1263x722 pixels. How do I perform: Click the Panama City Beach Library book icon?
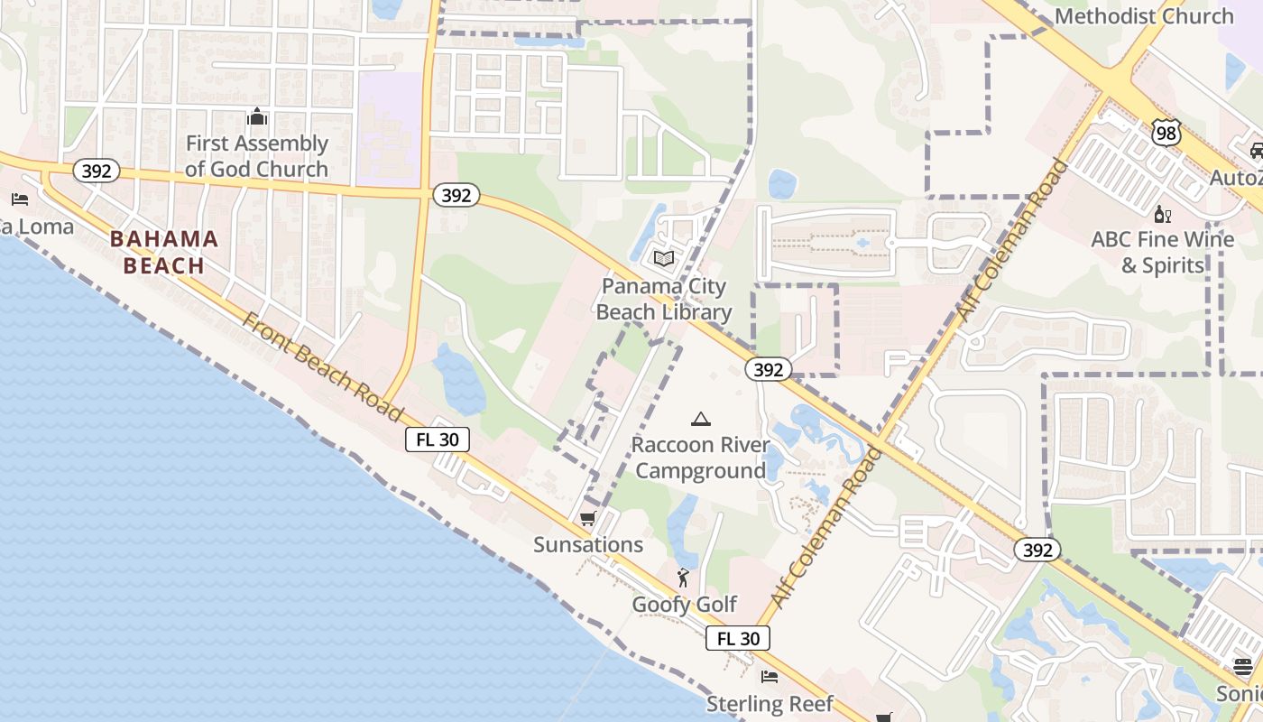click(x=664, y=259)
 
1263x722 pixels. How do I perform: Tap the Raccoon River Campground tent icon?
click(x=700, y=419)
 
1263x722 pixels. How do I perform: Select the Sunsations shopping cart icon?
click(x=588, y=518)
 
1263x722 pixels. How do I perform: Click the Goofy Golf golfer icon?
click(x=684, y=578)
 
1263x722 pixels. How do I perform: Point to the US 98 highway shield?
click(x=1166, y=133)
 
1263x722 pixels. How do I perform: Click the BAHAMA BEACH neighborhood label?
click(x=164, y=252)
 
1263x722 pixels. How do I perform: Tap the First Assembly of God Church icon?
click(x=257, y=117)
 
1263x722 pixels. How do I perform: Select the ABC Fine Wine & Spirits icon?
click(x=1163, y=214)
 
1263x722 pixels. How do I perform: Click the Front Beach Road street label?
click(x=323, y=368)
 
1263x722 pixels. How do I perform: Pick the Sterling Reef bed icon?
click(x=770, y=676)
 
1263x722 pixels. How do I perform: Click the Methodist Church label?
click(x=1144, y=15)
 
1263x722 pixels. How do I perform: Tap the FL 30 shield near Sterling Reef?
click(x=738, y=638)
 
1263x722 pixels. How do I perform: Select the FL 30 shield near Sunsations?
click(x=438, y=440)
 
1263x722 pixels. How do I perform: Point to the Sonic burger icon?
click(x=1243, y=667)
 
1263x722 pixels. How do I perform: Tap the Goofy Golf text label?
click(x=685, y=605)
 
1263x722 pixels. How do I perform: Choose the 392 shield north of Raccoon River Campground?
click(x=769, y=369)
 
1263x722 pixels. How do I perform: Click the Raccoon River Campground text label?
click(x=700, y=458)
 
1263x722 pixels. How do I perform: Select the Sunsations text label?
click(x=588, y=544)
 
